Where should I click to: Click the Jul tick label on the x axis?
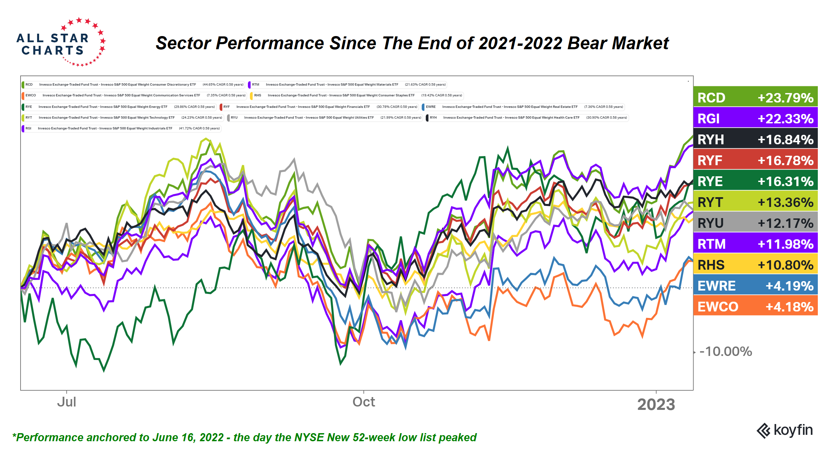[66, 402]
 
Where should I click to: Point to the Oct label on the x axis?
[364, 402]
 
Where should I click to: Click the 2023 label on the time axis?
[656, 404]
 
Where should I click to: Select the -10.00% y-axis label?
[726, 352]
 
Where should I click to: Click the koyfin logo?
[784, 430]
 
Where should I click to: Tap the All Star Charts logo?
[61, 42]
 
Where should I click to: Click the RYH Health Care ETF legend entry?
[527, 118]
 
